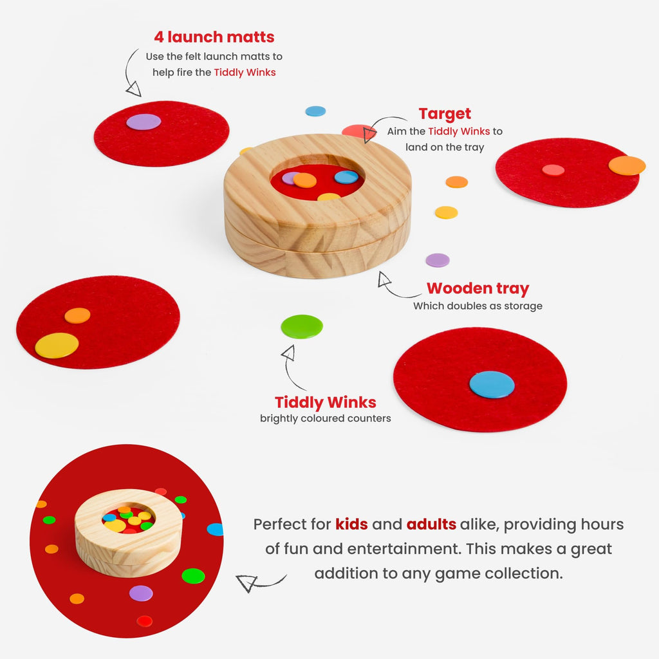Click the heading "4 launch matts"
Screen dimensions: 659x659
tap(214, 37)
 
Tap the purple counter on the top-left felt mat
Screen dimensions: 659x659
tap(144, 122)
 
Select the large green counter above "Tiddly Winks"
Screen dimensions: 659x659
tap(302, 326)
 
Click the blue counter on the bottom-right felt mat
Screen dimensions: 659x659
tap(492, 385)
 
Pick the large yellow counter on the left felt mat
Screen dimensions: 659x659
tap(57, 346)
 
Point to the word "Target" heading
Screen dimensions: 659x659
tap(445, 114)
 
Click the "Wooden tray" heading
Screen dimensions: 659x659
tap(478, 289)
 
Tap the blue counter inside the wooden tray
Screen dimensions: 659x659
tap(346, 177)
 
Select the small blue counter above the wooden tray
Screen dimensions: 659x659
tap(315, 111)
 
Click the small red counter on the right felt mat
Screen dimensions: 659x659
tap(553, 170)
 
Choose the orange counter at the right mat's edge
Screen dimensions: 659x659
tap(627, 165)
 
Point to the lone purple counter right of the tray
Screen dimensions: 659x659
tap(438, 260)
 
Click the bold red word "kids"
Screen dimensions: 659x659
tap(351, 524)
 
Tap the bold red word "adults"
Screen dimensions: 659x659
tap(431, 524)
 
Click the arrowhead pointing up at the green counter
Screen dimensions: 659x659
tap(289, 353)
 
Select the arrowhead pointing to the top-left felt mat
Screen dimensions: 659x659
tap(134, 89)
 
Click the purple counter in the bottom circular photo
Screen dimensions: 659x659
tap(141, 593)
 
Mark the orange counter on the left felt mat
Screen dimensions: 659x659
tap(77, 315)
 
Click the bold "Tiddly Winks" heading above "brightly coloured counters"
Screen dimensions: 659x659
tap(325, 402)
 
